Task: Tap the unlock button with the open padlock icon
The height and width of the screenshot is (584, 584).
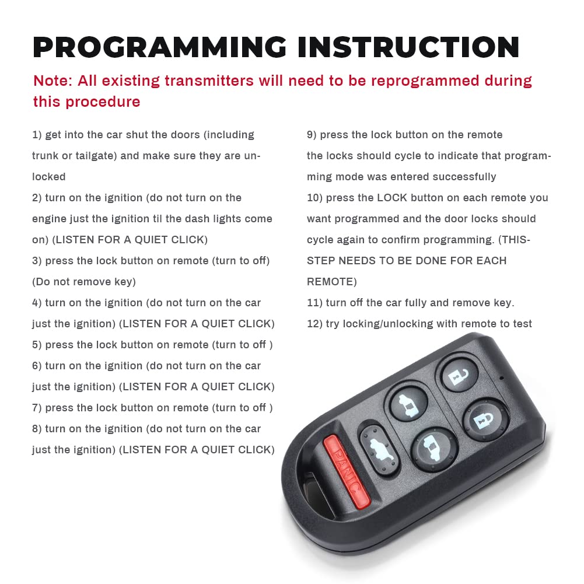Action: pyautogui.click(x=459, y=375)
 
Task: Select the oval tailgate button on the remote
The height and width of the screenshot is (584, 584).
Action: pyautogui.click(x=379, y=450)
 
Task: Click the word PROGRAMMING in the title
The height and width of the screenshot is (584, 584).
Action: pyautogui.click(x=160, y=47)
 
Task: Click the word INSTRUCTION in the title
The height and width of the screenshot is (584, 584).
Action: pyautogui.click(x=408, y=47)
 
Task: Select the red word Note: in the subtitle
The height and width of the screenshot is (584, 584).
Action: pyautogui.click(x=53, y=81)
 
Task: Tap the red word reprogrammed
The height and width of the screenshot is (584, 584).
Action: pyautogui.click(x=425, y=82)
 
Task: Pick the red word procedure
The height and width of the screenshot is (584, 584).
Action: pyautogui.click(x=103, y=102)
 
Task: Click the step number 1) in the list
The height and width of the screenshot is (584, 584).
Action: pyautogui.click(x=37, y=135)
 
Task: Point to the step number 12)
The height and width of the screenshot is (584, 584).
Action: pyautogui.click(x=314, y=324)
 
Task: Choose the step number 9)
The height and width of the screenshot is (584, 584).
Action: pyautogui.click(x=312, y=135)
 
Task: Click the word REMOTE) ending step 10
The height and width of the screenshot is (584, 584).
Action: pyautogui.click(x=332, y=282)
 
